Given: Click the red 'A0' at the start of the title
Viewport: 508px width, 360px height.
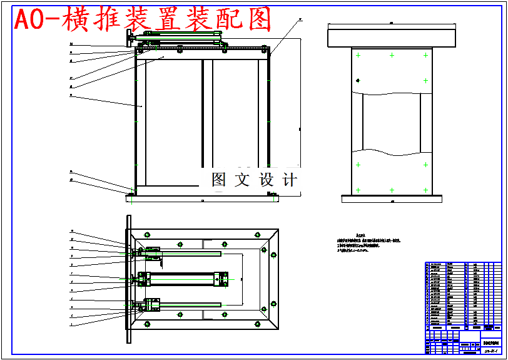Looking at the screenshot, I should click(29, 21).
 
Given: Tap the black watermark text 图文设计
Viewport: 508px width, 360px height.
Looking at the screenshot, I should click(254, 180).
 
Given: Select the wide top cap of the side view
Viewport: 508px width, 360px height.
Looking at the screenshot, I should click(392, 38).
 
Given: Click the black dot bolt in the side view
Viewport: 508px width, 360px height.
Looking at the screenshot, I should click(358, 80).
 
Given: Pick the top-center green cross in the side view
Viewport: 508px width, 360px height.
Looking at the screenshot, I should click(392, 56).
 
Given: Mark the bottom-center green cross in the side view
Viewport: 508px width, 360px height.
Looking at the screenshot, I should click(392, 190).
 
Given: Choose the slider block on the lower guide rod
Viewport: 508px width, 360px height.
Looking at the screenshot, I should click(152, 305).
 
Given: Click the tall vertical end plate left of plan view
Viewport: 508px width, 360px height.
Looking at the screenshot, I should click(129, 279).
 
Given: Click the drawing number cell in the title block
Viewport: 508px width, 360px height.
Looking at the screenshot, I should click(490, 351).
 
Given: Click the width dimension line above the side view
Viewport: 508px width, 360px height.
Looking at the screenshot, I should click(392, 24).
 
